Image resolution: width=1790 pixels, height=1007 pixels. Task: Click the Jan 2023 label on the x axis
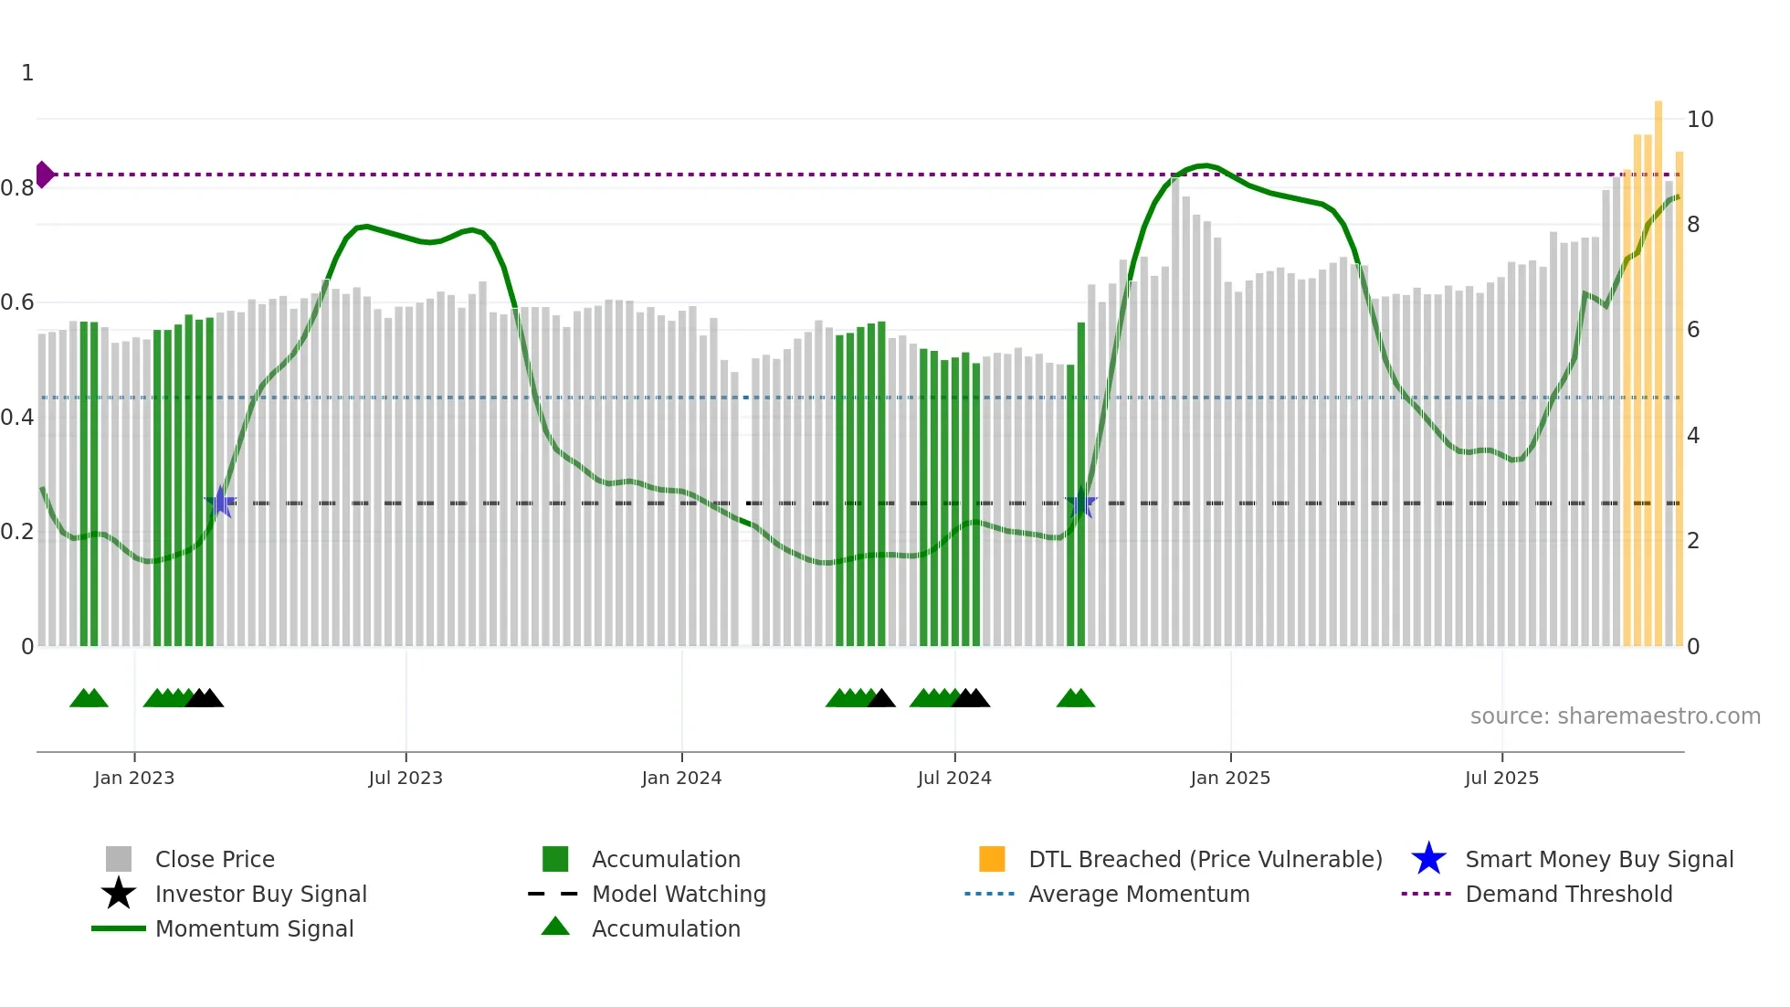134,778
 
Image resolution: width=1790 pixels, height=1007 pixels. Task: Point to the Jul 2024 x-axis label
954,778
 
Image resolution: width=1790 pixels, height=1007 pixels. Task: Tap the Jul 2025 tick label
1501,778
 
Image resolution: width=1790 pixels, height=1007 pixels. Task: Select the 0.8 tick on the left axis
17,188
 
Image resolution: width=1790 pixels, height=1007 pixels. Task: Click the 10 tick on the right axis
1700,120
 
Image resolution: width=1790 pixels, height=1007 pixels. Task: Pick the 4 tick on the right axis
1693,436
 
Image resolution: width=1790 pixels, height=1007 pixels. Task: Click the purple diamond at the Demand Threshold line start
44,175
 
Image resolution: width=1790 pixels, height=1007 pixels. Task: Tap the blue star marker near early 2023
220,503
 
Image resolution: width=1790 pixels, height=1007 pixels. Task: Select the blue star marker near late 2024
1080,503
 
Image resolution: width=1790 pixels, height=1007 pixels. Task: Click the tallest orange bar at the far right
1658,366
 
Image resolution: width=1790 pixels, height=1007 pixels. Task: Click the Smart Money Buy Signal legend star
1428,859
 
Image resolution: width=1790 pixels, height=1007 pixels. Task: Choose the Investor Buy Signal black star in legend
119,894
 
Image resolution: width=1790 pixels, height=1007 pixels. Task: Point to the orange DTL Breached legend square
992,859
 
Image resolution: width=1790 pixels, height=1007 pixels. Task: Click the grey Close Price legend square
119,859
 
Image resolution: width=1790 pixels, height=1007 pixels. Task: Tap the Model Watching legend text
679,894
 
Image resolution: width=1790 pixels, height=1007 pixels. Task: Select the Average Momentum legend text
1139,894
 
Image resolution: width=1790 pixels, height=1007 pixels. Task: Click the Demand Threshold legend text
1568,894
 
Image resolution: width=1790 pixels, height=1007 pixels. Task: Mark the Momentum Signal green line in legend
119,928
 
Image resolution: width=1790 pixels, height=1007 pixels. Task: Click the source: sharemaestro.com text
1615,716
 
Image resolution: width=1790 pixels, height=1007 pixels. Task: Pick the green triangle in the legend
555,927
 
